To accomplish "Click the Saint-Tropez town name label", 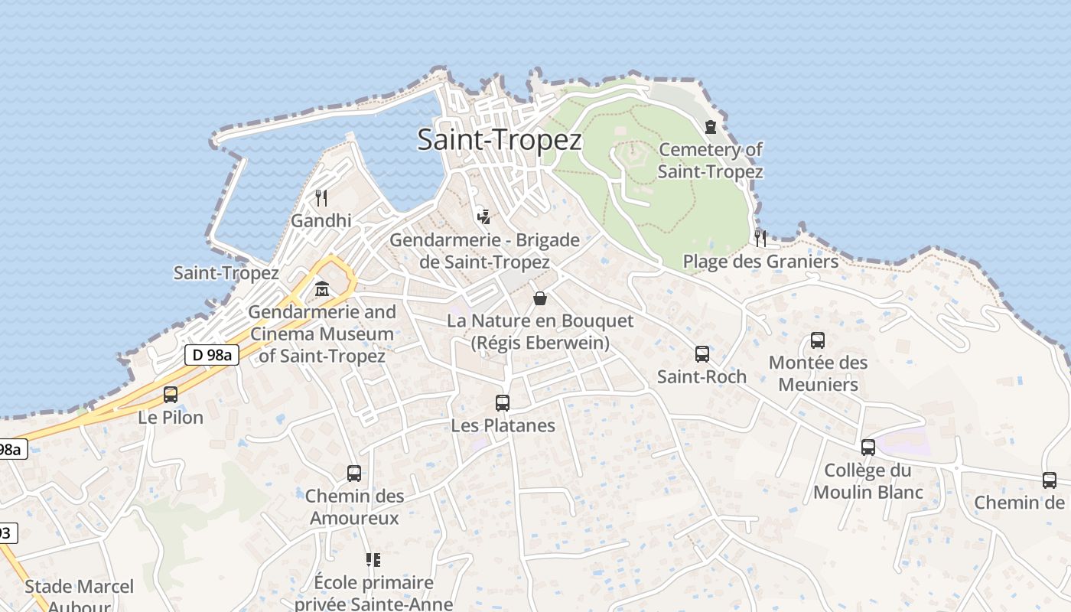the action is point(500,140).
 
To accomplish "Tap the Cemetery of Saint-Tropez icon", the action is point(711,127).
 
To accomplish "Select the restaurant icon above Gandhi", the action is point(321,198).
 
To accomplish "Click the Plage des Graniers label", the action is point(760,262).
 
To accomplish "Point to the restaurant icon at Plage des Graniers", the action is point(760,238).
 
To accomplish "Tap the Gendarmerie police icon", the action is point(483,215).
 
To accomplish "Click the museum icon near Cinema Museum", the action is point(322,289).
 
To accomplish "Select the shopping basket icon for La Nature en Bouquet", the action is point(540,298).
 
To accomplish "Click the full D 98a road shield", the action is point(212,354).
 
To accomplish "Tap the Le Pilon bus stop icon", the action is point(171,395).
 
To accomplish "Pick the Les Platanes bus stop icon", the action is point(503,402).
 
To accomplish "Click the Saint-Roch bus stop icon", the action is point(702,353).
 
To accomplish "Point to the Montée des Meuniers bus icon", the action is point(818,340).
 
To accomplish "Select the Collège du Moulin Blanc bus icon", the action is point(868,447).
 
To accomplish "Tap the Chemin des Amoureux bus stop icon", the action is point(353,473).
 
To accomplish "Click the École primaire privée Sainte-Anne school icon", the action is point(373,560).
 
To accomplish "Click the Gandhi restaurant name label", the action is point(321,220).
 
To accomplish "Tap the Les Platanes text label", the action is point(503,425).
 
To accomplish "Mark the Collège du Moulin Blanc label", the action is point(868,481).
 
